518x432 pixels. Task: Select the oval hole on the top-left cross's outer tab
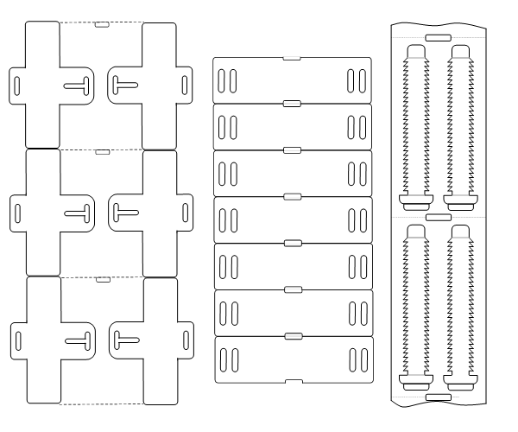[x=17, y=84]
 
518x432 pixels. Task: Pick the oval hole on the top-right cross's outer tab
[x=186, y=84]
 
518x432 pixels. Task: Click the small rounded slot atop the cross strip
[x=101, y=24]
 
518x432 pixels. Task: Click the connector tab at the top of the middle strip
[x=292, y=58]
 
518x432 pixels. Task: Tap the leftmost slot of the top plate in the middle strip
[x=221, y=80]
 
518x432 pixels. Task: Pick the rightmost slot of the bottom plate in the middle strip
[x=363, y=359]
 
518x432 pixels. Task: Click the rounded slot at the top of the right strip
[x=438, y=37]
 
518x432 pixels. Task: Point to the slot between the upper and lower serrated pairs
[x=438, y=216]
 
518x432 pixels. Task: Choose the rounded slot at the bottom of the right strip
[x=438, y=396]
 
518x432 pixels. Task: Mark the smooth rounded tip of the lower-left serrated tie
[x=415, y=230]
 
